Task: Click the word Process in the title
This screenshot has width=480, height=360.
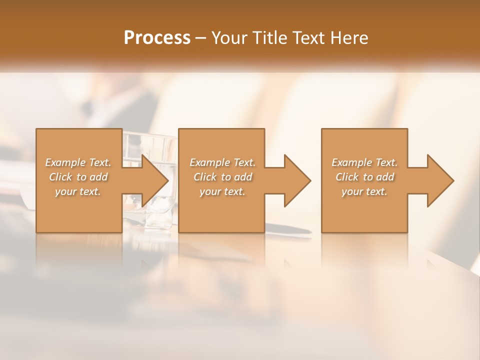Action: (x=157, y=38)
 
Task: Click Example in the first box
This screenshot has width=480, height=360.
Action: (x=65, y=162)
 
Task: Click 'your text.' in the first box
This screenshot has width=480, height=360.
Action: (x=78, y=191)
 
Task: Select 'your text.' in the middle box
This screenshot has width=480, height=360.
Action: (x=222, y=191)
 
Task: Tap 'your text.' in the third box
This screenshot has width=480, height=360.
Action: (x=364, y=191)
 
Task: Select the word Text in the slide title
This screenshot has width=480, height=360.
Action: (x=306, y=38)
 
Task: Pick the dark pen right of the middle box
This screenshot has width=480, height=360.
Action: (x=290, y=230)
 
